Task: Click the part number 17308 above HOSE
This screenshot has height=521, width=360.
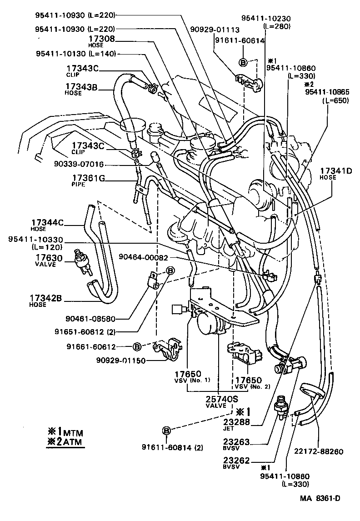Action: click(x=102, y=39)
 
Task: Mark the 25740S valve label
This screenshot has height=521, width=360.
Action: click(x=222, y=399)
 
